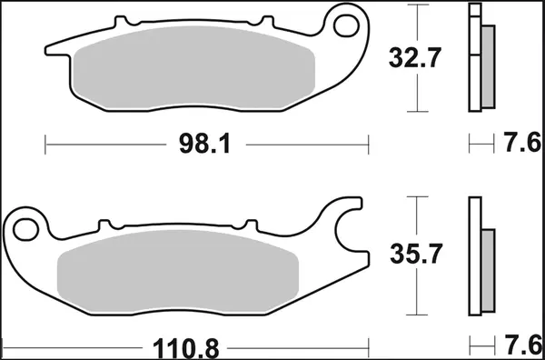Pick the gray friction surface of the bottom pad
pyautogui.click(x=177, y=269)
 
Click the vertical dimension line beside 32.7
pyautogui.click(x=416, y=58)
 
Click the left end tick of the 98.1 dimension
pyautogui.click(x=45, y=144)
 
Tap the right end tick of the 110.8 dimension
pyautogui.click(x=369, y=346)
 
